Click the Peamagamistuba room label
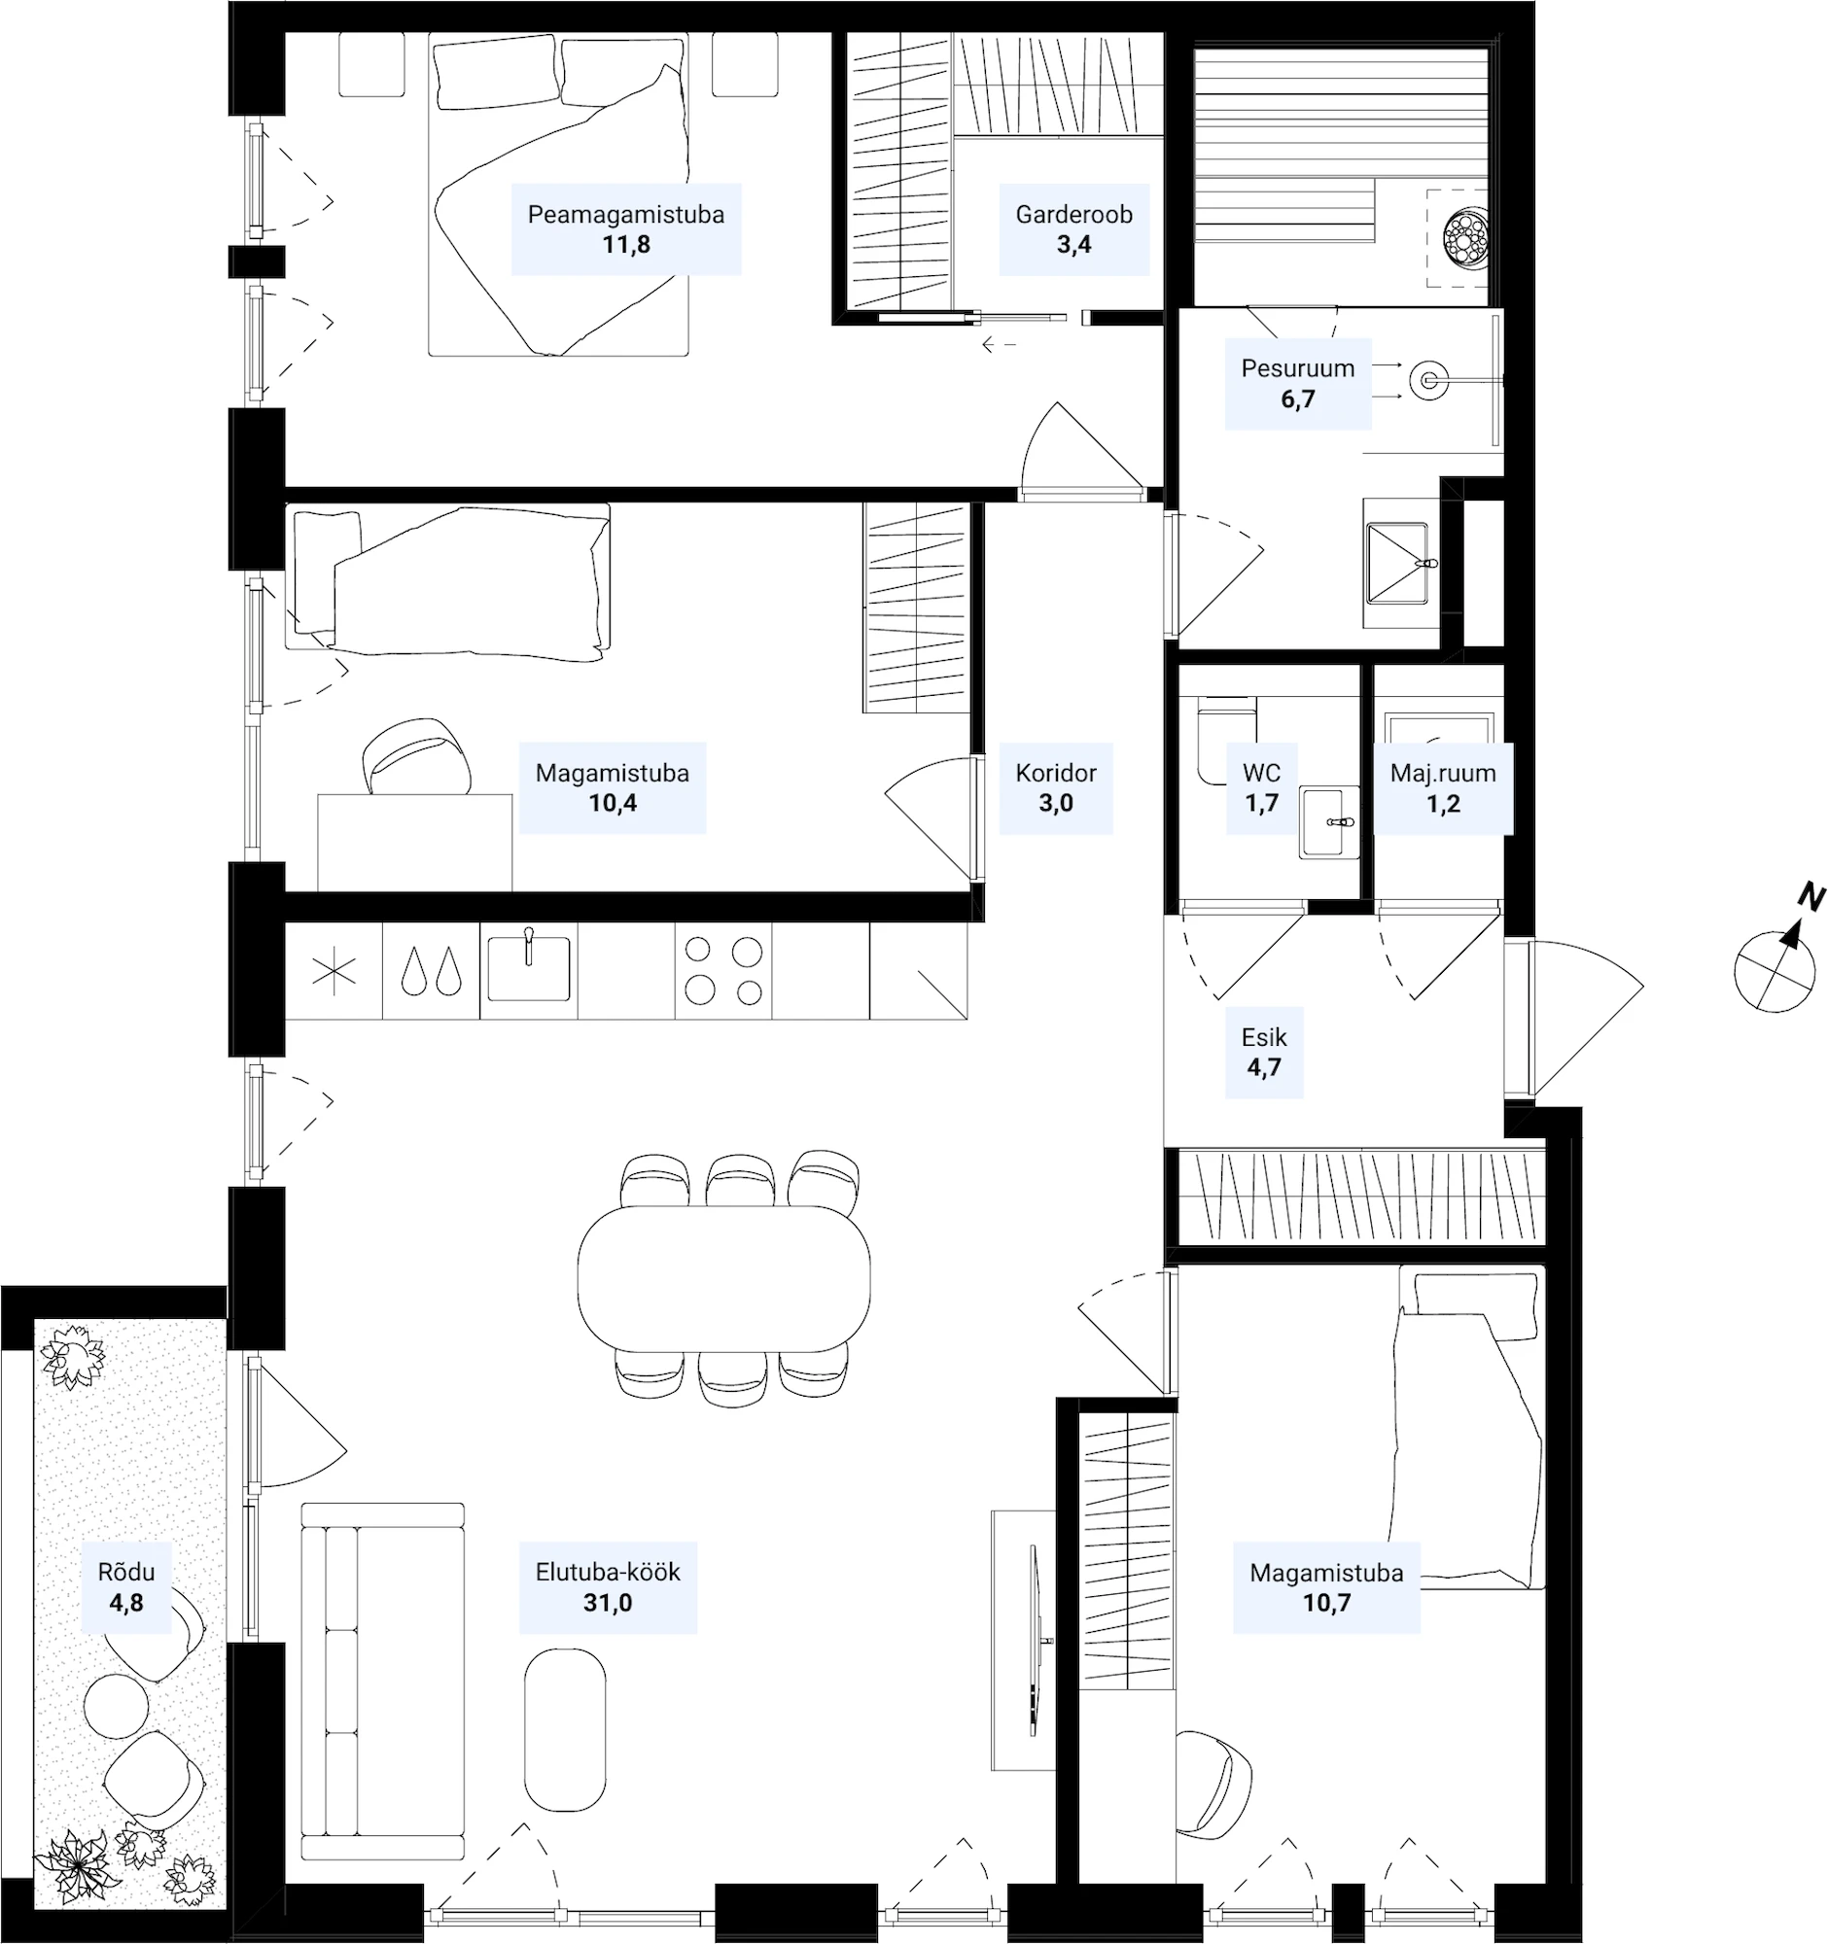[x=626, y=228]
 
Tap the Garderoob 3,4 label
[x=1073, y=228]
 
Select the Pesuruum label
[x=1298, y=383]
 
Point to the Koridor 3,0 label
[x=1056, y=788]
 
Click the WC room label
[x=1262, y=788]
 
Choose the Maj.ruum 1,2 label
[x=1444, y=788]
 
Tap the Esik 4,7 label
[x=1264, y=1052]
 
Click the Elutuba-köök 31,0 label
[x=608, y=1587]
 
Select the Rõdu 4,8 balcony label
[x=126, y=1587]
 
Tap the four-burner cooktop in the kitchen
[x=723, y=971]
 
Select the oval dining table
[x=723, y=1277]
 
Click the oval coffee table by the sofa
[x=564, y=1730]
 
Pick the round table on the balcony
[x=117, y=1707]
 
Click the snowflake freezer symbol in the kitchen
[x=334, y=973]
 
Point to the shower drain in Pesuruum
[x=1429, y=379]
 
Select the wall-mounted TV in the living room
[x=1034, y=1640]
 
